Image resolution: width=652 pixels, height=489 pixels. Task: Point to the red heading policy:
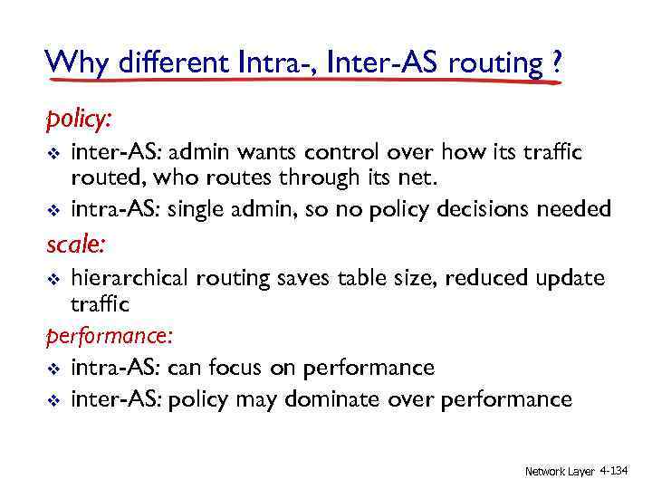[78, 120]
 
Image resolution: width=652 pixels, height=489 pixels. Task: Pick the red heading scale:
[74, 243]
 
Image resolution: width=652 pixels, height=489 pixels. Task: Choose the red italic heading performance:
[109, 337]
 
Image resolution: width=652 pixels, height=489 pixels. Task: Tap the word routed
[101, 179]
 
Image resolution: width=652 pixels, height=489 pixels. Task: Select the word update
[569, 278]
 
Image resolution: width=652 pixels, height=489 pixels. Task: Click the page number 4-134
[619, 471]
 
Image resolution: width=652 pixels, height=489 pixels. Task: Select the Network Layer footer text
[560, 471]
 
